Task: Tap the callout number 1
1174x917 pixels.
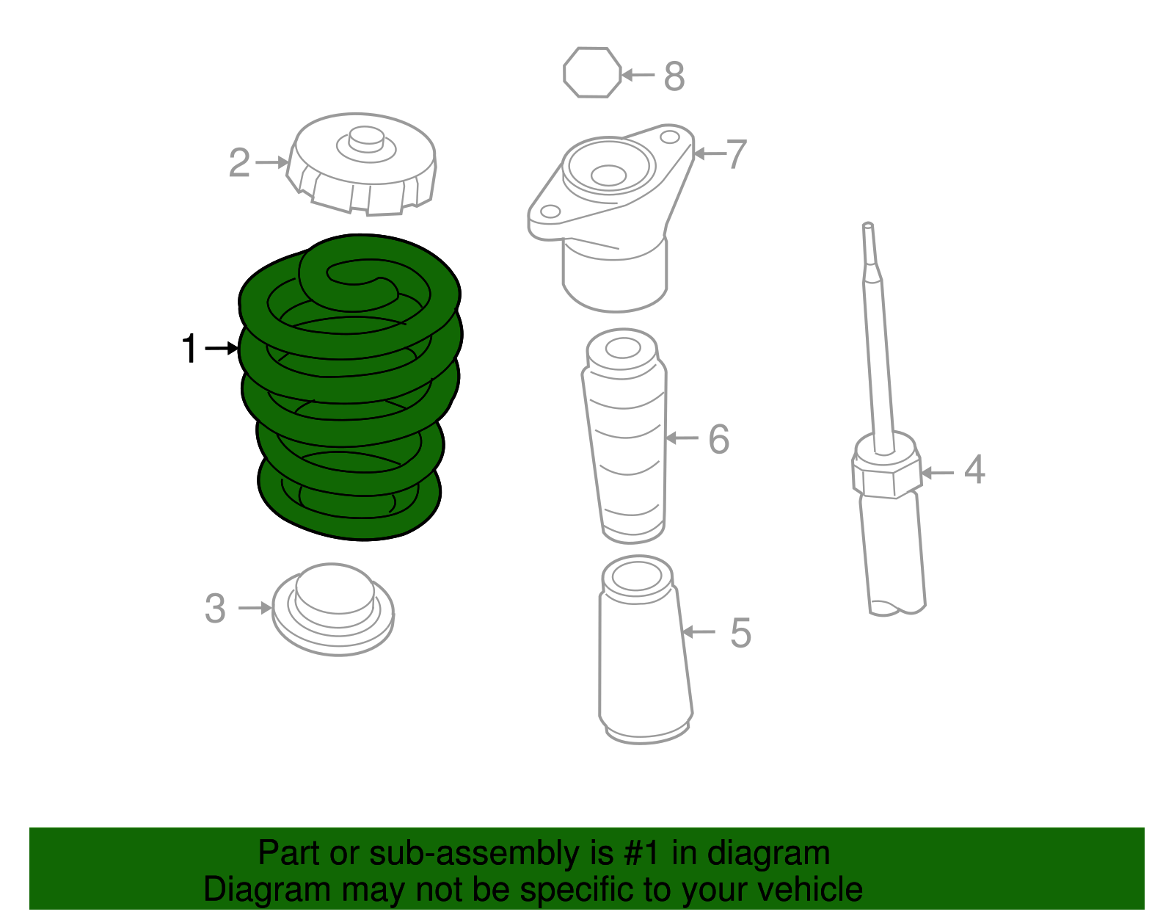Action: pyautogui.click(x=189, y=349)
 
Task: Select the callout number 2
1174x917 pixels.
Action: pyautogui.click(x=239, y=163)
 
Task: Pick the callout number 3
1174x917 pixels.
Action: pyautogui.click(x=215, y=609)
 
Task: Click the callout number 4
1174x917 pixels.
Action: pyautogui.click(x=974, y=470)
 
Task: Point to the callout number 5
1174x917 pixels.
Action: pyautogui.click(x=740, y=633)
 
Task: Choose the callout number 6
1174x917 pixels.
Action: pyautogui.click(x=718, y=439)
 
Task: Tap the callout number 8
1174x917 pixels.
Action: pyautogui.click(x=674, y=76)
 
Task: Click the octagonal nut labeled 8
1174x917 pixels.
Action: pyautogui.click(x=592, y=73)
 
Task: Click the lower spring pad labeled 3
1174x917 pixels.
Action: pyautogui.click(x=333, y=609)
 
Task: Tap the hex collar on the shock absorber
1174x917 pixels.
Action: pyautogui.click(x=886, y=474)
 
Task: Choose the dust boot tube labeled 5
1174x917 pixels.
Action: pyautogui.click(x=644, y=653)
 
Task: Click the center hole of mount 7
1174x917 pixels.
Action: pyautogui.click(x=608, y=175)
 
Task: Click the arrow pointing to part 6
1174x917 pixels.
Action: pyautogui.click(x=682, y=438)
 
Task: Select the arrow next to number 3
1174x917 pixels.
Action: pyautogui.click(x=255, y=608)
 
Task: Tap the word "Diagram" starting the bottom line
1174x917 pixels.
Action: pyautogui.click(x=246, y=890)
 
